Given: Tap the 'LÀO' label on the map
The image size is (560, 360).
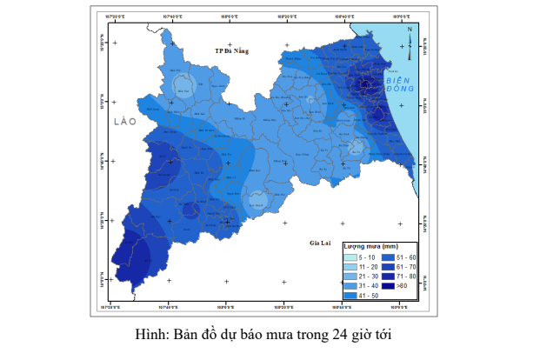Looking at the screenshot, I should pos(125,123).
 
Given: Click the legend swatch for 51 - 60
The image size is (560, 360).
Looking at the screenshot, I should pos(388,257).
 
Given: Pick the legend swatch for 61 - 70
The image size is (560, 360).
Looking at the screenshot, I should pos(388,267).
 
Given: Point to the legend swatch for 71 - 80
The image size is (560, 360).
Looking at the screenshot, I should pos(388,277).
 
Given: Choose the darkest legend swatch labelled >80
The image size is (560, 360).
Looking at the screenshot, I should pos(388,286).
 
